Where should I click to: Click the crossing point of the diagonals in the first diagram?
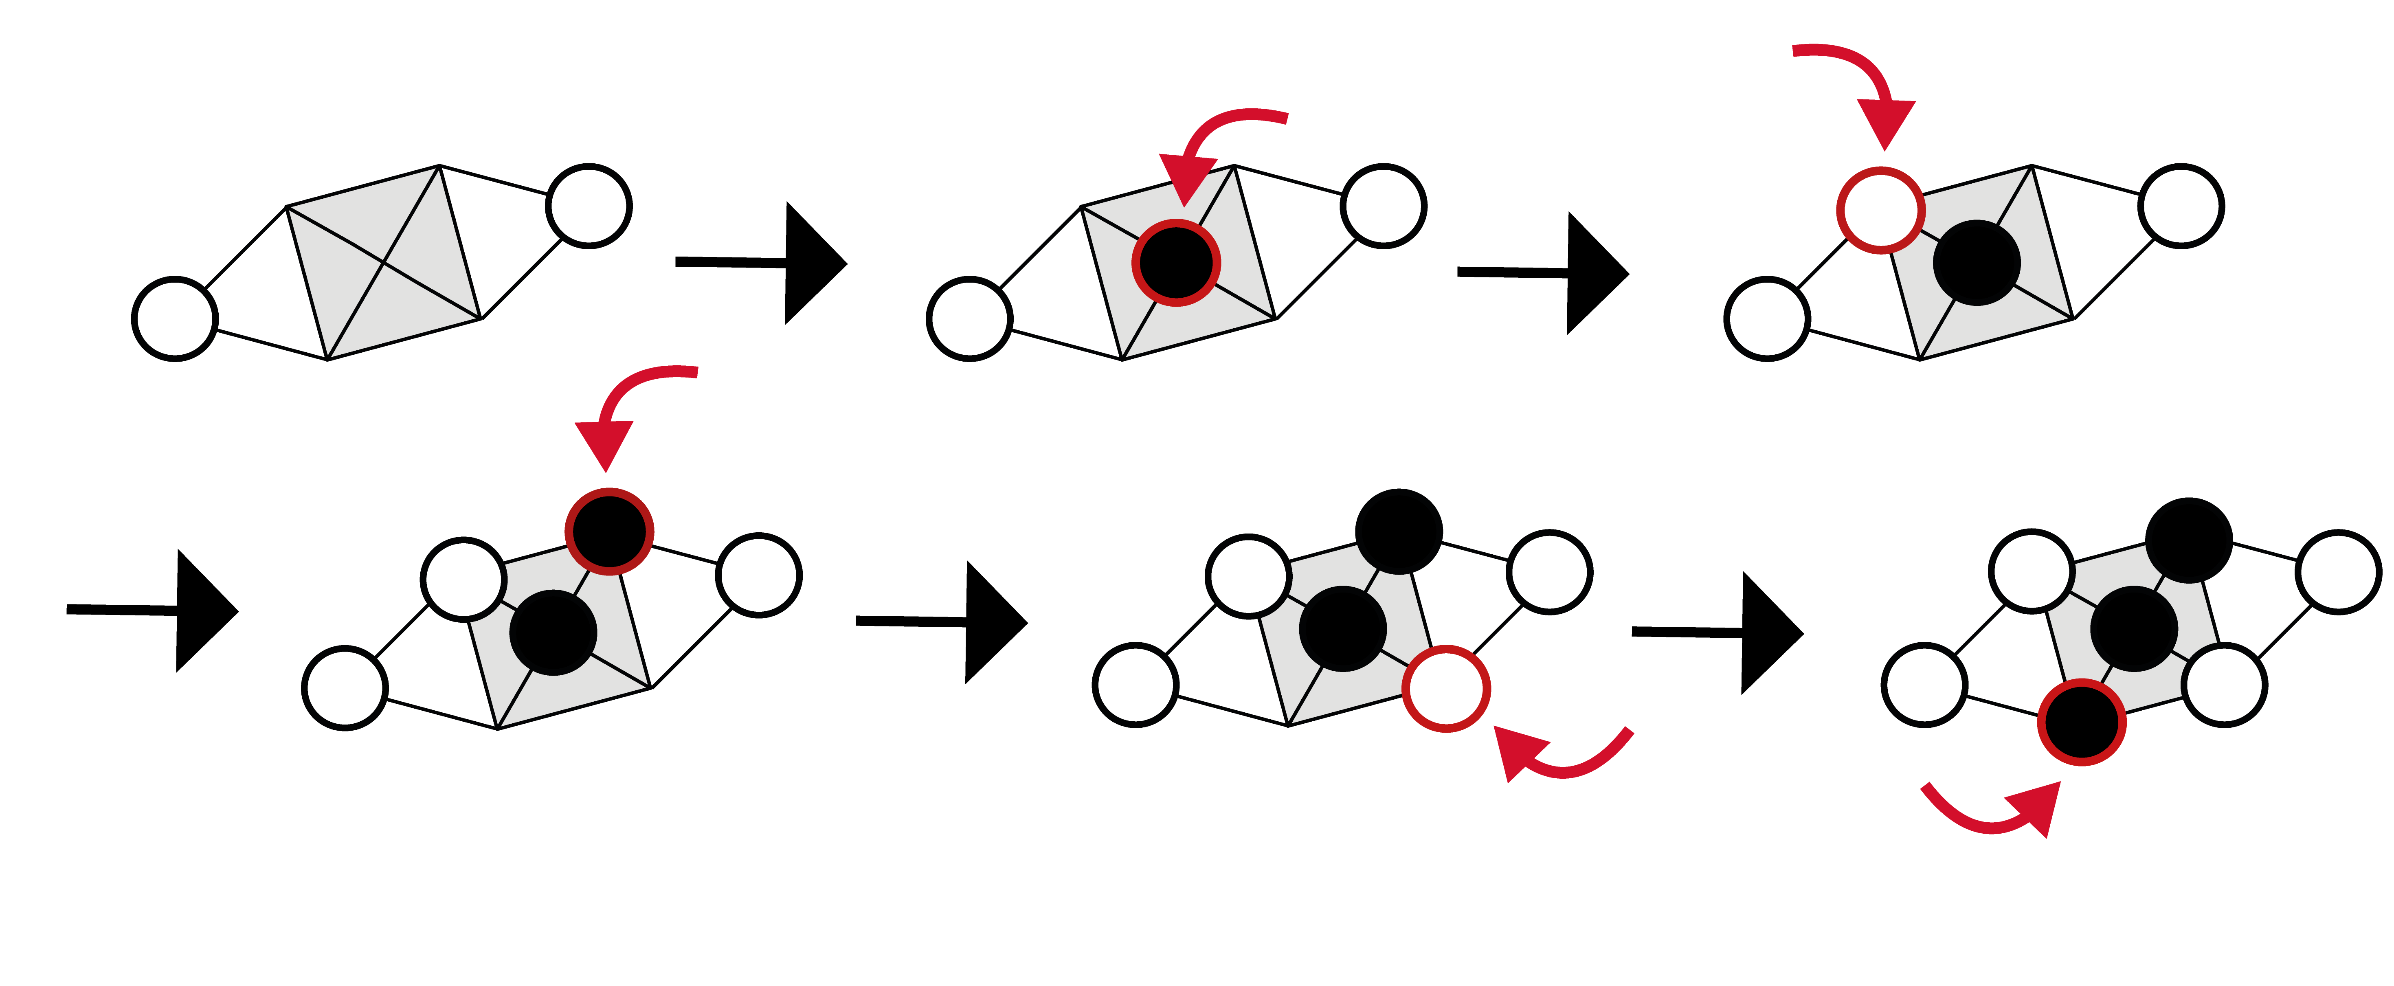coord(384,263)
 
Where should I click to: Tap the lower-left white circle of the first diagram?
coord(175,319)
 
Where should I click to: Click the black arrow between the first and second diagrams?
coord(762,263)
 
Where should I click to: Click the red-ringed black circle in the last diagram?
coord(2082,722)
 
